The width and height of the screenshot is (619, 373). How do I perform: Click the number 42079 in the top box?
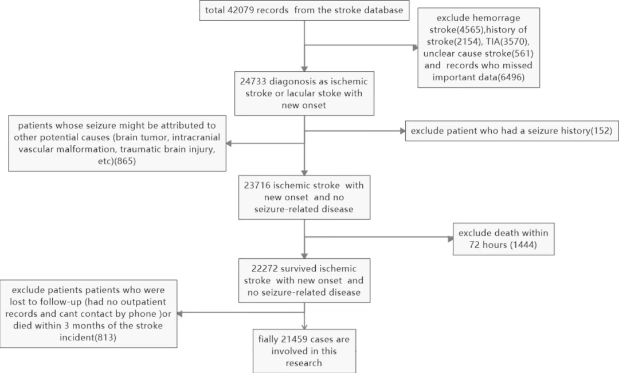(x=241, y=10)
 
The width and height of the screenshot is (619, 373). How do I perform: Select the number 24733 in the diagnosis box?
(x=253, y=81)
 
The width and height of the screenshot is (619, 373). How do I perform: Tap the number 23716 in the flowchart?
(x=257, y=185)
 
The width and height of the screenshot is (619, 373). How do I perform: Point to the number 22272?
(x=265, y=269)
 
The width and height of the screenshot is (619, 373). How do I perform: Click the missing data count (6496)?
(x=511, y=77)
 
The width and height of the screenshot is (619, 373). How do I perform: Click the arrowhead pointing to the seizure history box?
(x=403, y=131)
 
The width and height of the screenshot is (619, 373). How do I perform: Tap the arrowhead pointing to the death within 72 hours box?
(x=450, y=239)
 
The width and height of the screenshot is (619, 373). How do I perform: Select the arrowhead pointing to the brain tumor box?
(x=229, y=143)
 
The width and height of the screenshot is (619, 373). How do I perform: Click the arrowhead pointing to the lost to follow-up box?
(x=179, y=314)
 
